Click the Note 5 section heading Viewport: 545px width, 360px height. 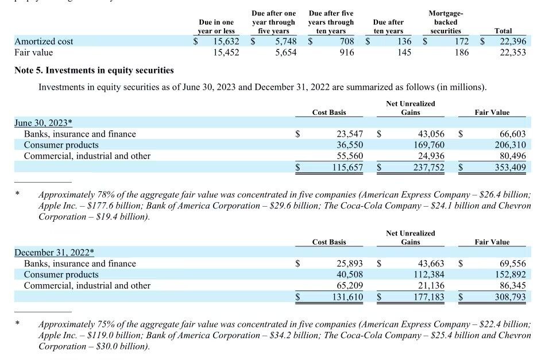coord(94,70)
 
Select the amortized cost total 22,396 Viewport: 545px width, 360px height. coord(513,41)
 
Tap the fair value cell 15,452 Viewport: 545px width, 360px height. coord(226,52)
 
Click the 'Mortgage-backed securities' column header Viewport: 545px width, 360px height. coord(446,22)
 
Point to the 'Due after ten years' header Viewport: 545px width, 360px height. coord(388,26)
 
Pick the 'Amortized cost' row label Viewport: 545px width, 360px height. coord(44,41)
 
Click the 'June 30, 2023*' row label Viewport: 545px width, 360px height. coord(43,123)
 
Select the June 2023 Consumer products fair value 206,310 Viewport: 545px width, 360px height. coord(510,145)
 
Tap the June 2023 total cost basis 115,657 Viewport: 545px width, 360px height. coord(347,167)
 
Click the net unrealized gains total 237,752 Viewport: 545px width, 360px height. coord(429,167)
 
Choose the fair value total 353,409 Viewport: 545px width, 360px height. coord(510,167)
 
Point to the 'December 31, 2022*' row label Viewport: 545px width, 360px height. coord(54,252)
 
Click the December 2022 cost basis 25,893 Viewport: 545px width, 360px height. coord(350,264)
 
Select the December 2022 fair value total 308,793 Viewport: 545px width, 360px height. coord(510,297)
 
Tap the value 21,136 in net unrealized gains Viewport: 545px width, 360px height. coord(431,285)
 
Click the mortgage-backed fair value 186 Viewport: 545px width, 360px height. coord(462,52)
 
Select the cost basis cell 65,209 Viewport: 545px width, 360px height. coord(350,285)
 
